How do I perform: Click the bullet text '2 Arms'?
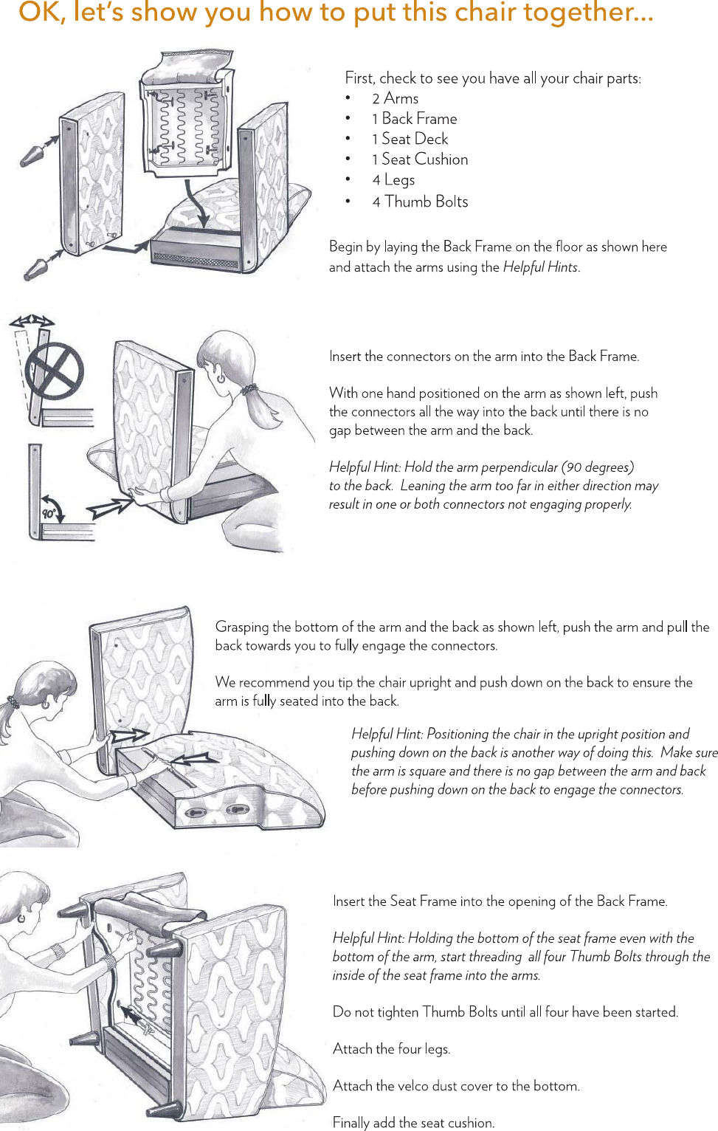click(395, 98)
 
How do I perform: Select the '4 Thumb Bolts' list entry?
click(420, 202)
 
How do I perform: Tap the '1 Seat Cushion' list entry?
click(420, 159)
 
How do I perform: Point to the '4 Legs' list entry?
click(393, 180)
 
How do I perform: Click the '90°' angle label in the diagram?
click(49, 513)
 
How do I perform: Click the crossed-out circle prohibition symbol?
click(54, 370)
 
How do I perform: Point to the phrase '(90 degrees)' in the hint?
click(597, 467)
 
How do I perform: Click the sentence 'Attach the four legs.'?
click(391, 1049)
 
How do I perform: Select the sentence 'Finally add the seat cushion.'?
click(413, 1123)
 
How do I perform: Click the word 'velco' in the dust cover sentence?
click(415, 1086)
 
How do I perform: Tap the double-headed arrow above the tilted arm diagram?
click(32, 320)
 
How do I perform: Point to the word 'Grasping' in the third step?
click(242, 627)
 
